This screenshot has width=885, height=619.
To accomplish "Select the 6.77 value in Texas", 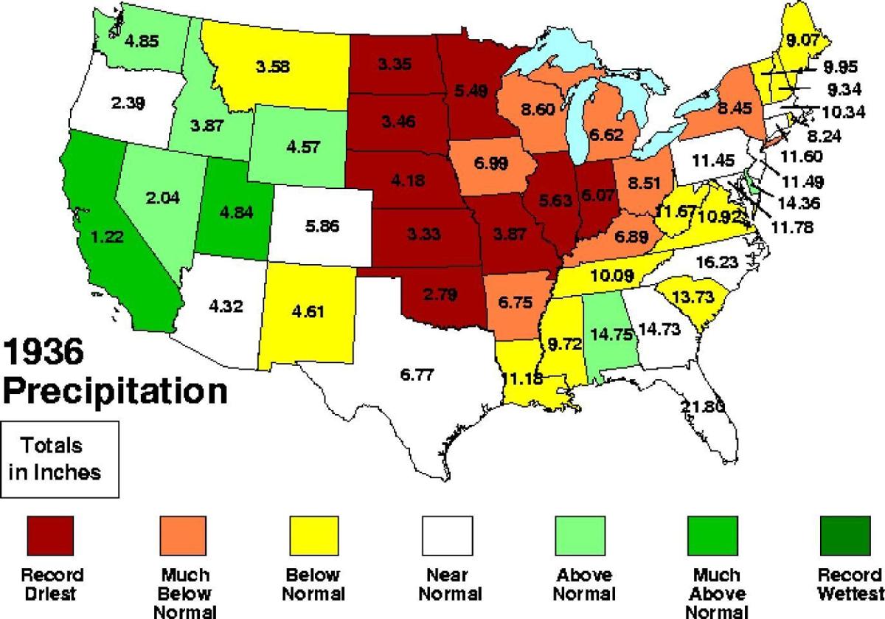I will pyautogui.click(x=417, y=375).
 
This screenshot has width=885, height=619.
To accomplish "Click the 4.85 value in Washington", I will pyautogui.click(x=141, y=41).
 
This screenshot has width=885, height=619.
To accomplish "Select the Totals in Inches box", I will pyautogui.click(x=60, y=459).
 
